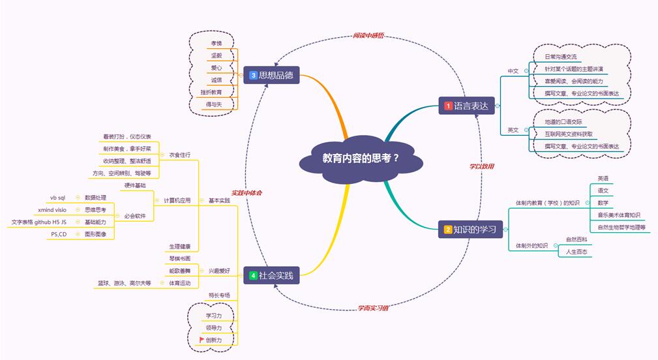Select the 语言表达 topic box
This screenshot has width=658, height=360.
point(467,105)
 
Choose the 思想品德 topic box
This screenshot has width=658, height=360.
point(271,75)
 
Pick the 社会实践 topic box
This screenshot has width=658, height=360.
point(271,275)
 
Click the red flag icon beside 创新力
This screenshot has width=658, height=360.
point(202,340)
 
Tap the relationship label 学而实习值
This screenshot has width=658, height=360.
point(372,307)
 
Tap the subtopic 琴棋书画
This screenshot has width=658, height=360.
point(180,259)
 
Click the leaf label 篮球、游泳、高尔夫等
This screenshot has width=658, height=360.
point(125,283)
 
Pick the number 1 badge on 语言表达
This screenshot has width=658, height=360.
point(448,106)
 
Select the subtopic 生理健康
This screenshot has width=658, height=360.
point(180,246)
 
